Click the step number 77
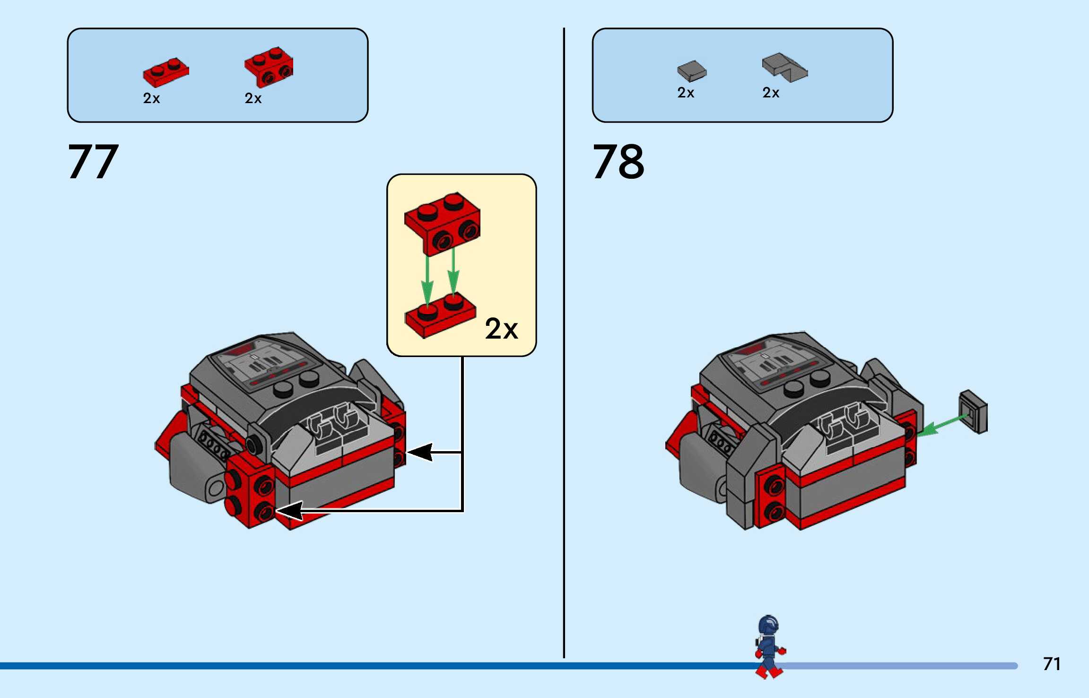[x=93, y=162]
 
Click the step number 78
[x=618, y=162]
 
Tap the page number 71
[x=1052, y=664]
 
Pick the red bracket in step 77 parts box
[x=269, y=67]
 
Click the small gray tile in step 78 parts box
[x=691, y=71]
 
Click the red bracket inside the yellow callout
[x=442, y=223]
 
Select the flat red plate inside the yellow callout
[x=440, y=314]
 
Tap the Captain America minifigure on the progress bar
[x=769, y=646]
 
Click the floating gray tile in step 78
[x=973, y=411]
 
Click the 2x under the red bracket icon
[x=253, y=98]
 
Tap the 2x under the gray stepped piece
[x=771, y=93]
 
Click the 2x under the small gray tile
[x=686, y=93]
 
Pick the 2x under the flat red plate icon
[x=151, y=98]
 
